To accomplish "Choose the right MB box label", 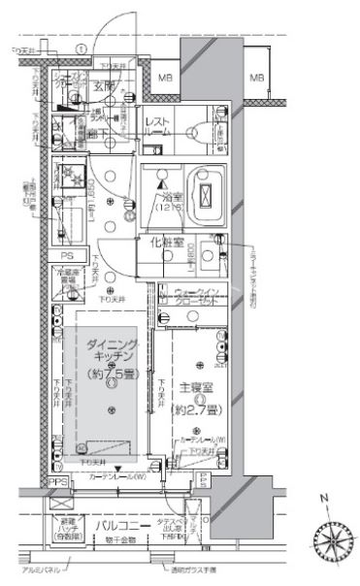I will click(256, 77).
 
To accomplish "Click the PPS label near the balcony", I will click(59, 482).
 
